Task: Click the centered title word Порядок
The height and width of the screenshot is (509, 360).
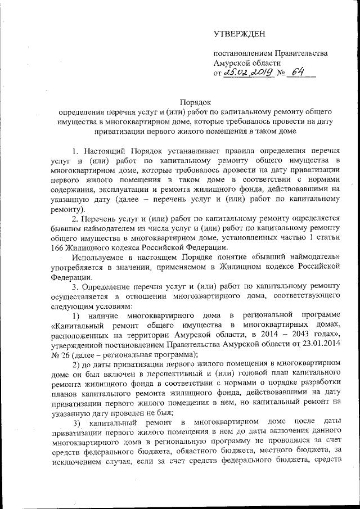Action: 195,102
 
